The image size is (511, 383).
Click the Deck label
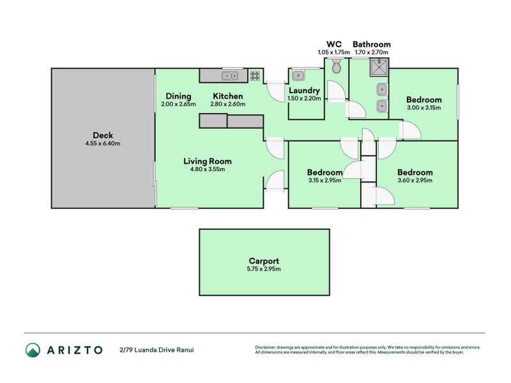tap(103, 135)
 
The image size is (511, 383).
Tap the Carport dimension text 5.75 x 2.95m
tap(264, 269)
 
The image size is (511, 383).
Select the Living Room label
tap(208, 161)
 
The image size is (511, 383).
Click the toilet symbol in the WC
tap(337, 66)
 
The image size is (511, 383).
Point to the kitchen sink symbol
tap(230, 76)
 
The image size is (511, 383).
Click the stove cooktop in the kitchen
tap(256, 76)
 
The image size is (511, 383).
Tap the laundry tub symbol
tap(298, 75)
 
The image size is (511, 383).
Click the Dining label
tap(178, 96)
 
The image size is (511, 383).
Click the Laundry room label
tap(303, 91)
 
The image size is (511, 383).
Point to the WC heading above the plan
tap(334, 45)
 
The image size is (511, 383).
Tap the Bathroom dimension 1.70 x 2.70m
tap(372, 52)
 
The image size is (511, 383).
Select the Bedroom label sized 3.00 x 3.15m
tap(424, 100)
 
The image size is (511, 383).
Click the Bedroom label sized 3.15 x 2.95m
tap(324, 172)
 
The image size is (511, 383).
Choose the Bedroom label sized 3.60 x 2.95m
tap(415, 172)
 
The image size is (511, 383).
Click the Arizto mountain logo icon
tap(33, 349)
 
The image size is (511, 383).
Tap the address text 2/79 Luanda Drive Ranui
tap(156, 350)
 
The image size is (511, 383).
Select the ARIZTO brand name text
tap(74, 350)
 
